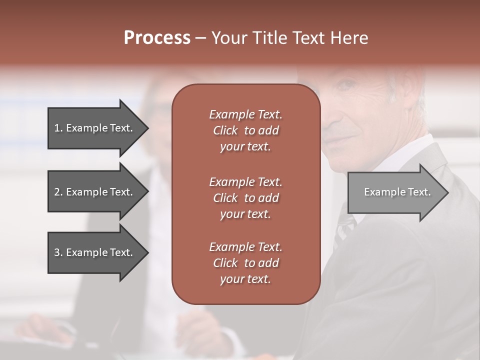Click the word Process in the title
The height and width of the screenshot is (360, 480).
(x=157, y=38)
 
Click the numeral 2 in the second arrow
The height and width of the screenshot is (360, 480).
(x=56, y=192)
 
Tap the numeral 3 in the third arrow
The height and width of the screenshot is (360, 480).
(x=56, y=252)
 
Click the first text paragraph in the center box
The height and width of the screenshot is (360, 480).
(x=245, y=130)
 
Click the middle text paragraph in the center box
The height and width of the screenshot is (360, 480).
(x=245, y=198)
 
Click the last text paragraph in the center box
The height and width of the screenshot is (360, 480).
(x=245, y=263)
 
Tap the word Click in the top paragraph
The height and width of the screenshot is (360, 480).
(x=225, y=131)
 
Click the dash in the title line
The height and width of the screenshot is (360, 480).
(x=200, y=38)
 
